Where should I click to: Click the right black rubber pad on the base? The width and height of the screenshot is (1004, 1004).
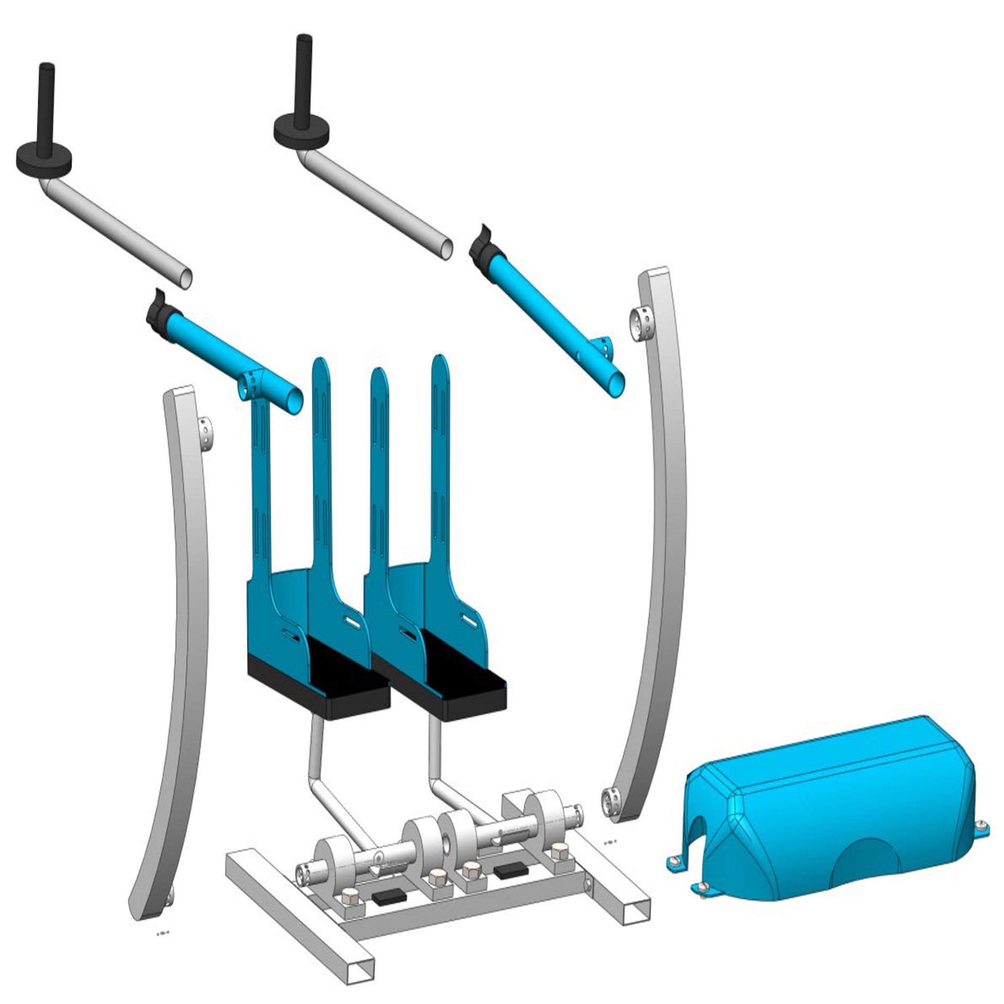tap(511, 869)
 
